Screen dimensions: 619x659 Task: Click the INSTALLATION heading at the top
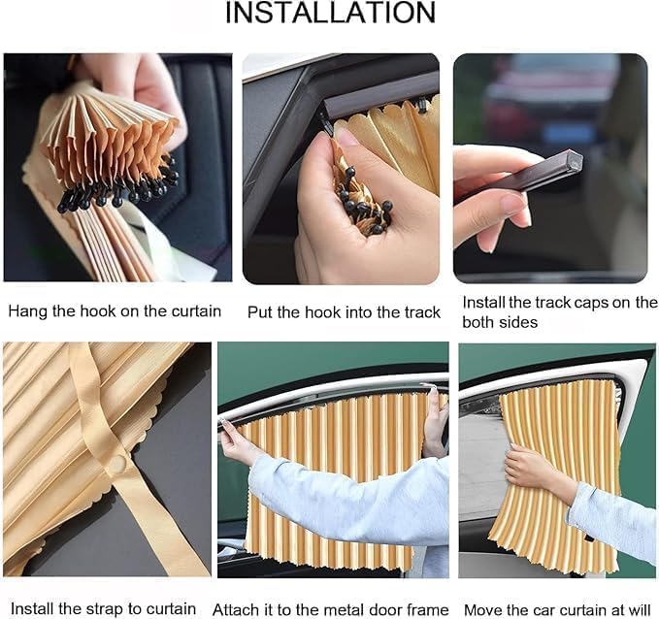pos(330,14)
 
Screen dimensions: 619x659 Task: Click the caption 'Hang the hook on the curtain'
pos(115,311)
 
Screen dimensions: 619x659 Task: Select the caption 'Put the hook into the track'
pos(344,311)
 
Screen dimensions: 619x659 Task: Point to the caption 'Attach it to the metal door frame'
pos(333,609)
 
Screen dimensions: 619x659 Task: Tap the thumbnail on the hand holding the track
pos(512,205)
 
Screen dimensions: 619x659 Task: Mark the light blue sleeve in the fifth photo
pos(349,500)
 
